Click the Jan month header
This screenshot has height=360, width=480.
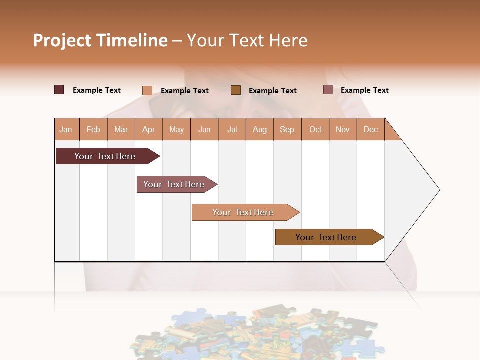[66, 129]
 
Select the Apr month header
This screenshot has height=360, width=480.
[149, 129]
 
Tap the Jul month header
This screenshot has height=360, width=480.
[232, 129]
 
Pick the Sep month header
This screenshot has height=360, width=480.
[287, 129]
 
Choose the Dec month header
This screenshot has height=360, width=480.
[371, 129]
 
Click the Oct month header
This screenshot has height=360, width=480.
[315, 129]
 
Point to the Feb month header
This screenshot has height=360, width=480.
[93, 129]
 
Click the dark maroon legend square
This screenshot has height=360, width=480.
[59, 90]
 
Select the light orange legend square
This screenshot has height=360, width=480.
[147, 90]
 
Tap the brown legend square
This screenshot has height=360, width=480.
[236, 90]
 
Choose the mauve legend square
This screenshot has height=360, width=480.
[328, 90]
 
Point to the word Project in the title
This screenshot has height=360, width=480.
[62, 40]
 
